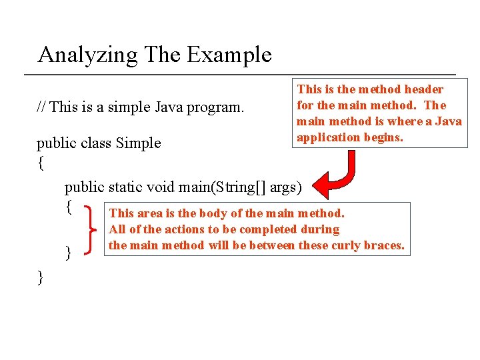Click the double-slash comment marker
(41, 107)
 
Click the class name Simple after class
(139, 143)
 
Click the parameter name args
(281, 187)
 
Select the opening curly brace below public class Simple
(41, 163)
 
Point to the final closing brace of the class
(41, 277)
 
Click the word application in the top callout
(327, 137)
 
